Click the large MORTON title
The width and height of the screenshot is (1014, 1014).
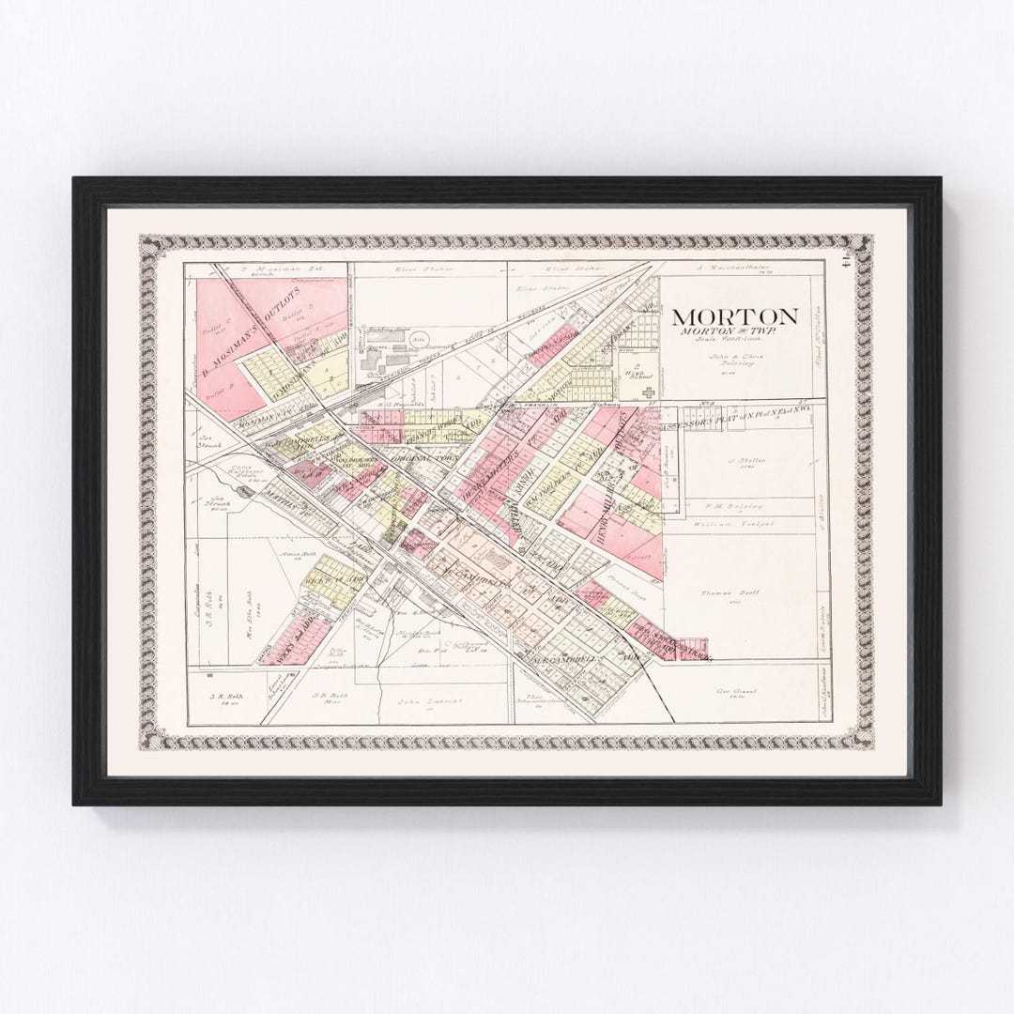coord(734,316)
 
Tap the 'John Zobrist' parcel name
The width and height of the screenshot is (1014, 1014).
coord(419,699)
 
